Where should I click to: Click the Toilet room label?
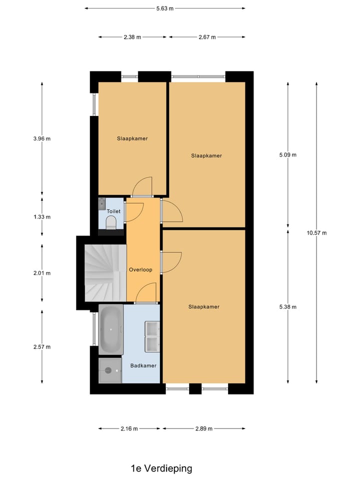click(113, 211)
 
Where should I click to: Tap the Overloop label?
click(140, 269)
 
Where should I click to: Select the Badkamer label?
click(143, 365)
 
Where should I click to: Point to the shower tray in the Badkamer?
click(110, 370)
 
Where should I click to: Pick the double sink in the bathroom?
click(152, 336)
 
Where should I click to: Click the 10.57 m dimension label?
click(317, 233)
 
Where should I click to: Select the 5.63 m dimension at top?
click(164, 8)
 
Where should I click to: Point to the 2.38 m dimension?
click(132, 37)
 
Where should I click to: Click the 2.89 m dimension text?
click(203, 429)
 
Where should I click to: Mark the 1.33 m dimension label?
click(41, 217)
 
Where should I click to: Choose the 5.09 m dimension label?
click(287, 154)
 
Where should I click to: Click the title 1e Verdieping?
click(161, 468)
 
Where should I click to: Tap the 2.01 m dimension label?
click(41, 273)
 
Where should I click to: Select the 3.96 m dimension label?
click(41, 139)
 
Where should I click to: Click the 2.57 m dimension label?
click(41, 346)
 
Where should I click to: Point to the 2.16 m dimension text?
click(129, 429)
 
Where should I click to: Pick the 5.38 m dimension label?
click(287, 307)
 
